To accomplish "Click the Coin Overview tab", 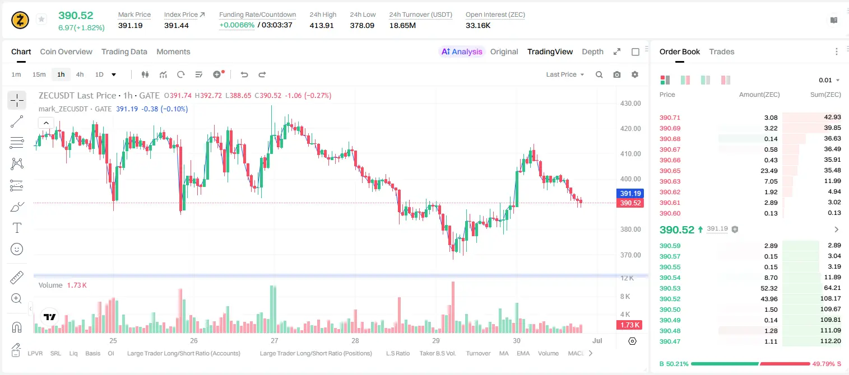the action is [66, 51].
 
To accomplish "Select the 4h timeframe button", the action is [80, 74].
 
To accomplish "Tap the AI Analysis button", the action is [462, 51].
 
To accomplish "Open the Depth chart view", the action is [592, 51].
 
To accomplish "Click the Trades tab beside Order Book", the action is [722, 51].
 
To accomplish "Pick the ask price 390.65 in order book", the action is [670, 171].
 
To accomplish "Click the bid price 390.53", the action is [670, 288].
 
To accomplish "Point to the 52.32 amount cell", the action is [769, 288].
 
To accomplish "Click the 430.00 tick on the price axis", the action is [630, 104].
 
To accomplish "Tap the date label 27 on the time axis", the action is [275, 340].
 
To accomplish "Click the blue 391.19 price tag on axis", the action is [630, 193].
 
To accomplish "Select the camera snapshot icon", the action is [616, 74].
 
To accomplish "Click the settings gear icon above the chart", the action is [635, 74].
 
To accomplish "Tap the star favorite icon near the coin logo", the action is [41, 19].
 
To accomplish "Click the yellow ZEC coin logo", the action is [20, 20].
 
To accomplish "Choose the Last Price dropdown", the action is [565, 74].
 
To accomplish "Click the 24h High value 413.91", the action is [322, 25].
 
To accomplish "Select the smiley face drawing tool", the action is [17, 249].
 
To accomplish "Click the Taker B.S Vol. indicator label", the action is [437, 353].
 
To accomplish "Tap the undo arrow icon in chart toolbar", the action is [244, 74].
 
